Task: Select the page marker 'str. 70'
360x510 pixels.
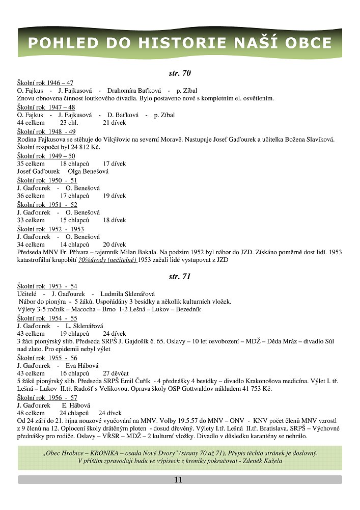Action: (179, 73)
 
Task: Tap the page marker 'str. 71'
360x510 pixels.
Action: (179, 277)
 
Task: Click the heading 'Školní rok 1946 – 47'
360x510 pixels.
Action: (45, 83)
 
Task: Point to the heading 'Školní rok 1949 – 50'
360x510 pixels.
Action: (46, 156)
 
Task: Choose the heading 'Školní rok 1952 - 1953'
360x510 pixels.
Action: (50, 229)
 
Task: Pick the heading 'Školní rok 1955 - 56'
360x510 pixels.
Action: (47, 358)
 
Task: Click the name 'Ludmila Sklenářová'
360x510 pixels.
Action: (127, 294)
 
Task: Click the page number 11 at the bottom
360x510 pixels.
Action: (178, 479)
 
